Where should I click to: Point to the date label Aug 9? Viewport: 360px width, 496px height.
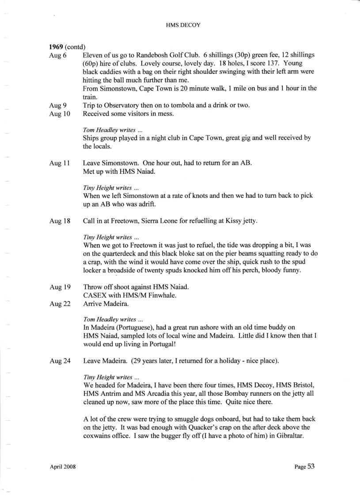pos(58,106)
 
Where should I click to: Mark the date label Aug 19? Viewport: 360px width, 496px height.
pos(60,287)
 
